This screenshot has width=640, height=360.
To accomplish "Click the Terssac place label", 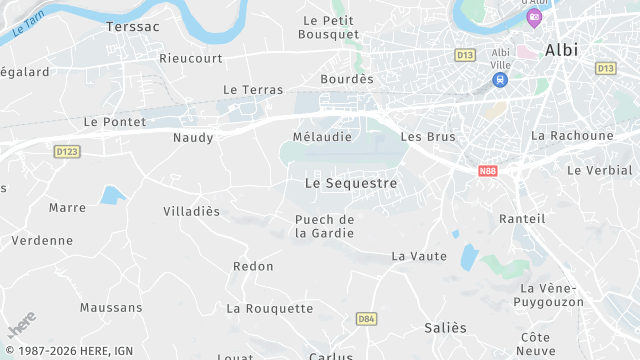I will (x=132, y=27).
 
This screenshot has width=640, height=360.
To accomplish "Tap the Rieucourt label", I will (x=191, y=58).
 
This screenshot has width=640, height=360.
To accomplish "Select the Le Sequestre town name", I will (x=350, y=184).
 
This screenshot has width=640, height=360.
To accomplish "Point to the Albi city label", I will (x=562, y=50).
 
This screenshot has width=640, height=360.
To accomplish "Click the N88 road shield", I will (x=487, y=171).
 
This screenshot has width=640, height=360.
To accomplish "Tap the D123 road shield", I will (x=66, y=150).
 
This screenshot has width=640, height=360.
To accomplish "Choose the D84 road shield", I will (x=366, y=318).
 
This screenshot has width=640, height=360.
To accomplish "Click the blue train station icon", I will (x=500, y=79).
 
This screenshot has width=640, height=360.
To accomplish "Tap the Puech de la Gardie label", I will (x=325, y=226).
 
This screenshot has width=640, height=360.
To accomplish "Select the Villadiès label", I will (x=191, y=212).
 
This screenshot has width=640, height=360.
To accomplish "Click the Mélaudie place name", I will (x=322, y=137).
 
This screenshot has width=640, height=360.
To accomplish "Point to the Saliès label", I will (x=445, y=328).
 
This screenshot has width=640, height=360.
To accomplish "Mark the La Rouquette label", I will (x=270, y=309).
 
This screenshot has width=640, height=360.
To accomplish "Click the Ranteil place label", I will (x=522, y=219).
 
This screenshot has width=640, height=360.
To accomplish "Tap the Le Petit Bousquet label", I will (x=329, y=27).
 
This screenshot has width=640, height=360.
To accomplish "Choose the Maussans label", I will (x=111, y=308).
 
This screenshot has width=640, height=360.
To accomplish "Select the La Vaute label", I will (x=419, y=256).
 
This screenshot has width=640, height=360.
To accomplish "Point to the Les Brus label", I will (x=427, y=137).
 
